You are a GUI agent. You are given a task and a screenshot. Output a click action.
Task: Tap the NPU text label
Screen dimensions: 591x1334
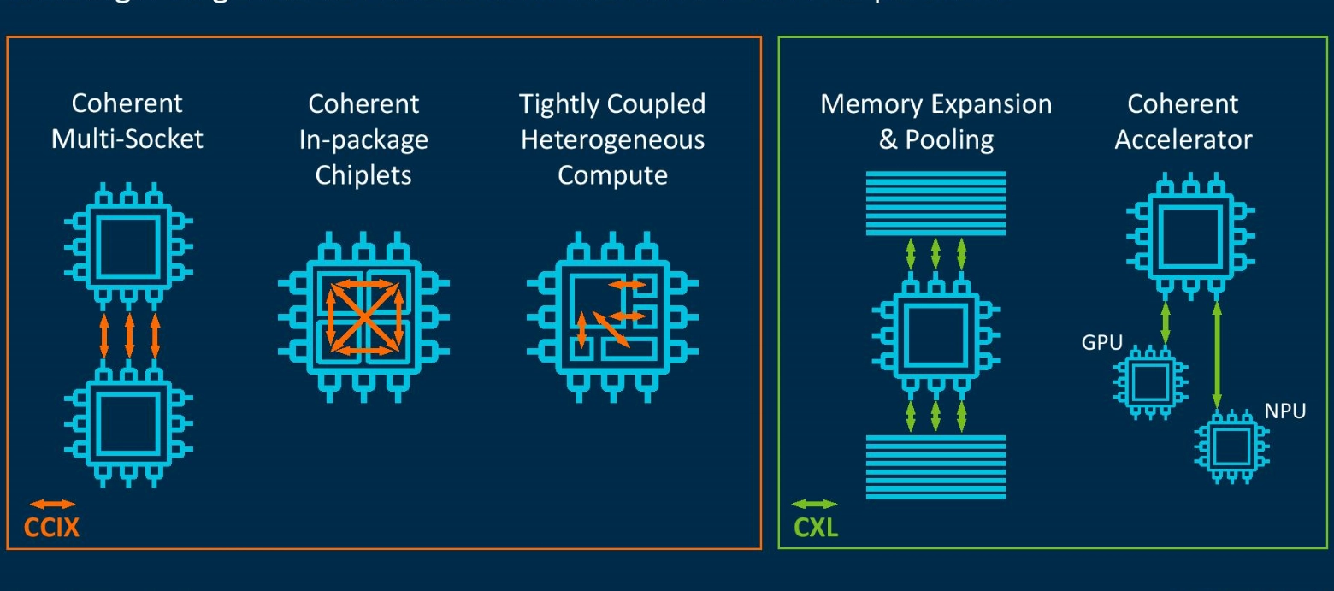point(1285,411)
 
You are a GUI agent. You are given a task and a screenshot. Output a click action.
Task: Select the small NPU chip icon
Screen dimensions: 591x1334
point(1232,445)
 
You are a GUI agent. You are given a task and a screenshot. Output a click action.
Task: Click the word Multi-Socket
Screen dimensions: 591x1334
point(127,139)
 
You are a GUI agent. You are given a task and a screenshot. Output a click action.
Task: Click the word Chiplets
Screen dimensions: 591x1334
point(363,175)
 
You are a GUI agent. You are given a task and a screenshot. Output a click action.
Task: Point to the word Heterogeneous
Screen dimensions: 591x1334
point(612,139)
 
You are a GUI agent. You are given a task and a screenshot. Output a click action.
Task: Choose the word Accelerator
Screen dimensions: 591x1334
point(1183,139)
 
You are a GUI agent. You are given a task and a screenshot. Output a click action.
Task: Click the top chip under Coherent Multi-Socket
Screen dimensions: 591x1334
point(128,242)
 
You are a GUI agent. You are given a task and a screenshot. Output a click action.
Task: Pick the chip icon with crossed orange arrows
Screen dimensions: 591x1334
point(364,312)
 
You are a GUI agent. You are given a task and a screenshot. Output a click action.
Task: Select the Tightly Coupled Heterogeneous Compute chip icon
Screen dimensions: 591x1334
point(612,312)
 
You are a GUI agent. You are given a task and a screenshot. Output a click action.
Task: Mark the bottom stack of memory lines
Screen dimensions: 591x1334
point(936,466)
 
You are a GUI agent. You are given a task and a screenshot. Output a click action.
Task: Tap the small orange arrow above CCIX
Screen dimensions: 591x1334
point(52,505)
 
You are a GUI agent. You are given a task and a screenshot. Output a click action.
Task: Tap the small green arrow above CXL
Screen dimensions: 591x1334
point(815,505)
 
